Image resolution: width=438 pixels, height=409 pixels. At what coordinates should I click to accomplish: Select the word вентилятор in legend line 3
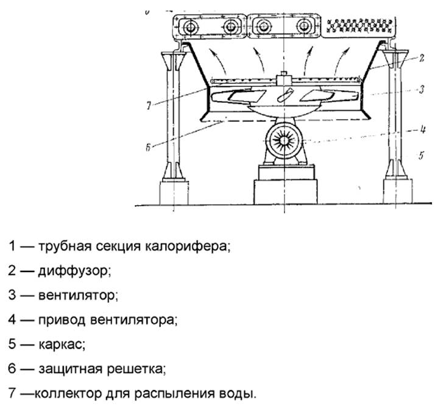[x=76, y=295]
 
